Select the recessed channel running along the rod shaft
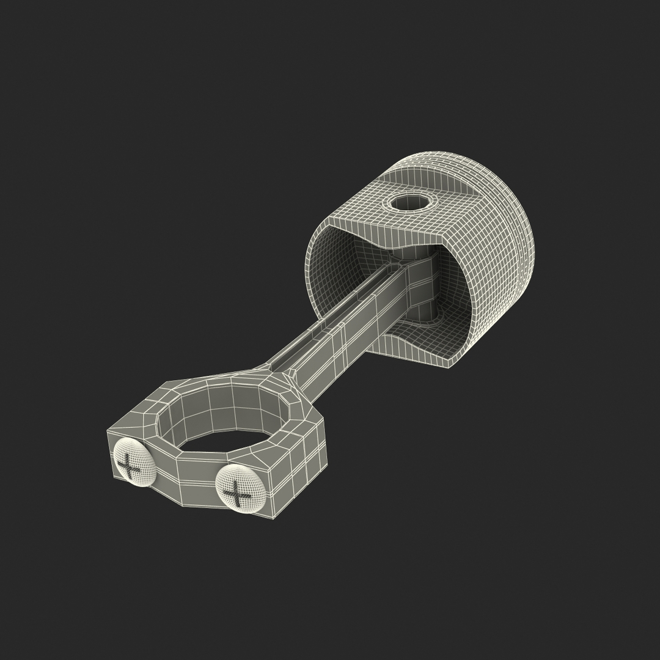click(330, 312)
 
